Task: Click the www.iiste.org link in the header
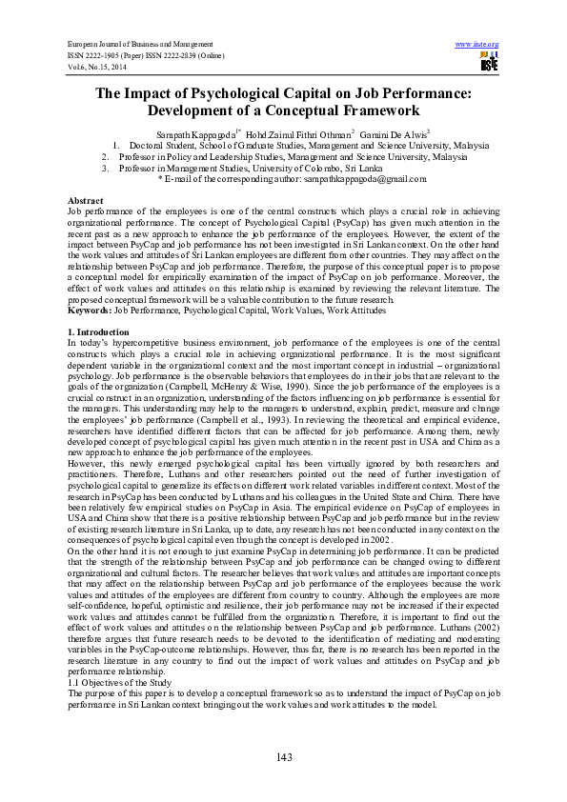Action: pyautogui.click(x=477, y=45)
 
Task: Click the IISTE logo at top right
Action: pyautogui.click(x=489, y=63)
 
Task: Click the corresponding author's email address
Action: pyautogui.click(x=364, y=178)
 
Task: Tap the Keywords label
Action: pyautogui.click(x=90, y=311)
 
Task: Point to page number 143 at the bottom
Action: pyautogui.click(x=283, y=757)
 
